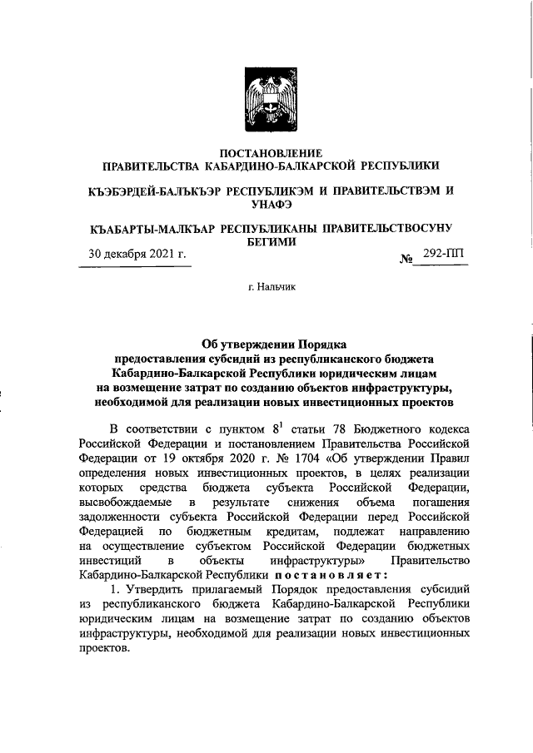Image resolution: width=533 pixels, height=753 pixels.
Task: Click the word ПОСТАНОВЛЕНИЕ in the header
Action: [270, 152]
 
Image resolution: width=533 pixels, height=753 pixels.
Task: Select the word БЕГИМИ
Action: [270, 240]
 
